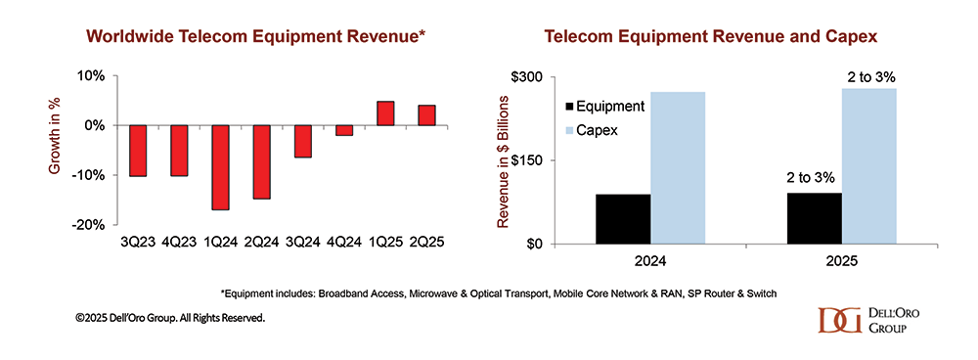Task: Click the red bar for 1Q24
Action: coord(220,167)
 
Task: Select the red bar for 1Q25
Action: coord(385,113)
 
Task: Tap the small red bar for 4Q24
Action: coord(343,130)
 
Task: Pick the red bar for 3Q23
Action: coord(138,151)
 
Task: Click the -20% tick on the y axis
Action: coord(91,224)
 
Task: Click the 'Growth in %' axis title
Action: coord(56,149)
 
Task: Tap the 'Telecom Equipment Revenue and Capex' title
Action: coord(711,37)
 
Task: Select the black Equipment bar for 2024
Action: coord(622,219)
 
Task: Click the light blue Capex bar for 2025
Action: coord(868,166)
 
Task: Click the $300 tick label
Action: coord(530,76)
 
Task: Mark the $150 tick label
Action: coord(530,160)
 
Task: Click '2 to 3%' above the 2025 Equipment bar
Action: coord(814,180)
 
